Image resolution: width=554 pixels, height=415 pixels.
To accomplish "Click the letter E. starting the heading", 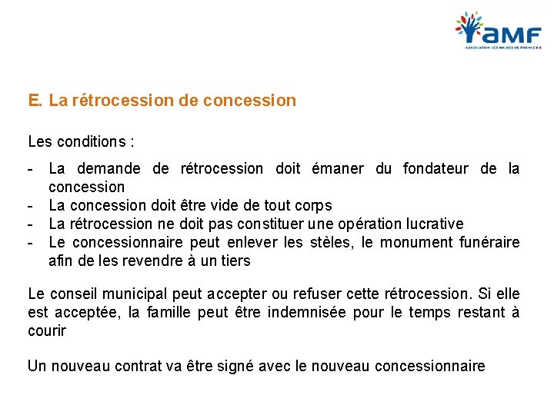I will (35, 101).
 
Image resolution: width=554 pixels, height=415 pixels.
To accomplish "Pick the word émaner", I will (339, 168).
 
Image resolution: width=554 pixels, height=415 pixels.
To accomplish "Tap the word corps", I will (311, 205).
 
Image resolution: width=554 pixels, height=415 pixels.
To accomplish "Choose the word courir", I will (47, 331).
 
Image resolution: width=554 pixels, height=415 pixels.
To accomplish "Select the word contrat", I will (142, 366).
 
